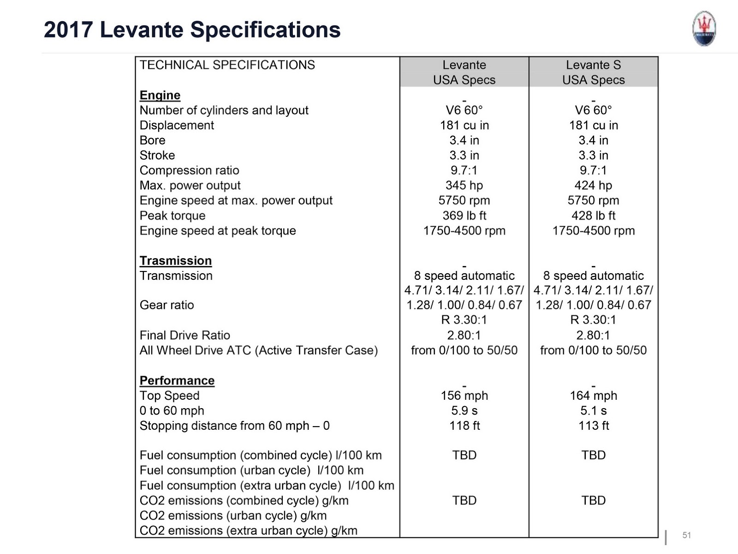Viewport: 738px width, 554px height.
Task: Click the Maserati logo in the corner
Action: tap(704, 29)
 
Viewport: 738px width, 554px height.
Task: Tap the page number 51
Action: tap(687, 535)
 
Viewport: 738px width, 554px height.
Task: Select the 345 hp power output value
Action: tap(464, 186)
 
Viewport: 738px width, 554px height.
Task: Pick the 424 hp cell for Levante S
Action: tap(593, 186)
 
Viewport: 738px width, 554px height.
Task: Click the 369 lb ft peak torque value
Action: tap(464, 216)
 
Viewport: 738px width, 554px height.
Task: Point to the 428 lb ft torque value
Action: tap(593, 216)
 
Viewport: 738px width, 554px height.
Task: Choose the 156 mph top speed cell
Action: tap(464, 396)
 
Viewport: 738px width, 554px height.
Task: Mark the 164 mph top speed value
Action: tap(593, 396)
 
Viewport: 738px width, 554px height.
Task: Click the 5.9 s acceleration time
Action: tap(464, 411)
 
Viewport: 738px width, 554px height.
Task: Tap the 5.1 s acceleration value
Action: tap(593, 411)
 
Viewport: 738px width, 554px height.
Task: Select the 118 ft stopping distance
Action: tap(464, 426)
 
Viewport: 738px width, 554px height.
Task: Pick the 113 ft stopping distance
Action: tap(593, 426)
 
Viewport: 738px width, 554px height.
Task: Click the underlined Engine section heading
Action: tap(160, 95)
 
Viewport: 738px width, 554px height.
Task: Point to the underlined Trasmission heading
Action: tap(176, 261)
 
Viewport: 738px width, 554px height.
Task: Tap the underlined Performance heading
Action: tap(177, 380)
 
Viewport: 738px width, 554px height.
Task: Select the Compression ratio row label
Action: tap(189, 170)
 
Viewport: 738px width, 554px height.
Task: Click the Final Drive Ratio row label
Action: tap(184, 335)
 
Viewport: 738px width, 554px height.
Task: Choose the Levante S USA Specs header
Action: tap(593, 72)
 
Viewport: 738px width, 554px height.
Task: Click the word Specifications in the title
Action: tap(265, 30)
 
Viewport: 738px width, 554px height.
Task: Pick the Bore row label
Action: tap(152, 140)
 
